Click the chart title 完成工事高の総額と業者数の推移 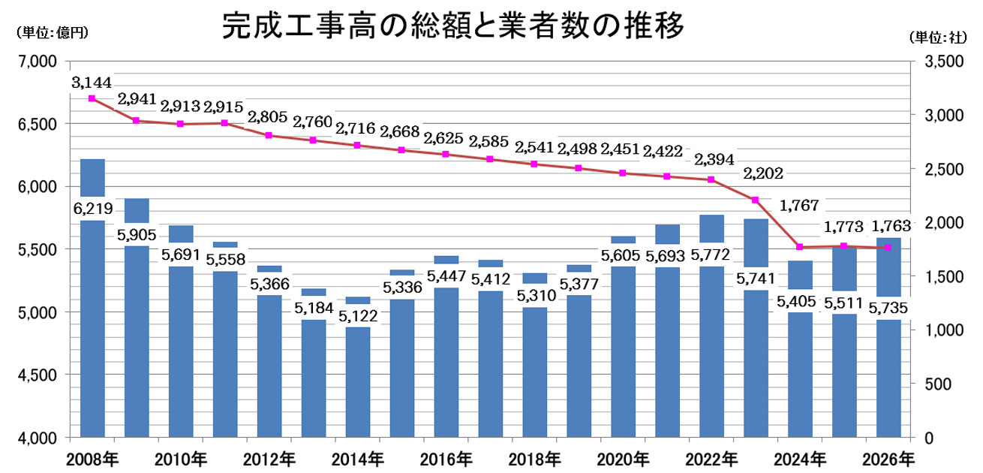(453, 28)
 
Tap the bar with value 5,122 (358, 383)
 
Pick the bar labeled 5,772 (711, 353)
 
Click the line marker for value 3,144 (92, 98)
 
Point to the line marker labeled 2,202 (756, 200)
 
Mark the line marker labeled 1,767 (800, 247)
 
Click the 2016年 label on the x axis (446, 457)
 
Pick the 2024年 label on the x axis (800, 457)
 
